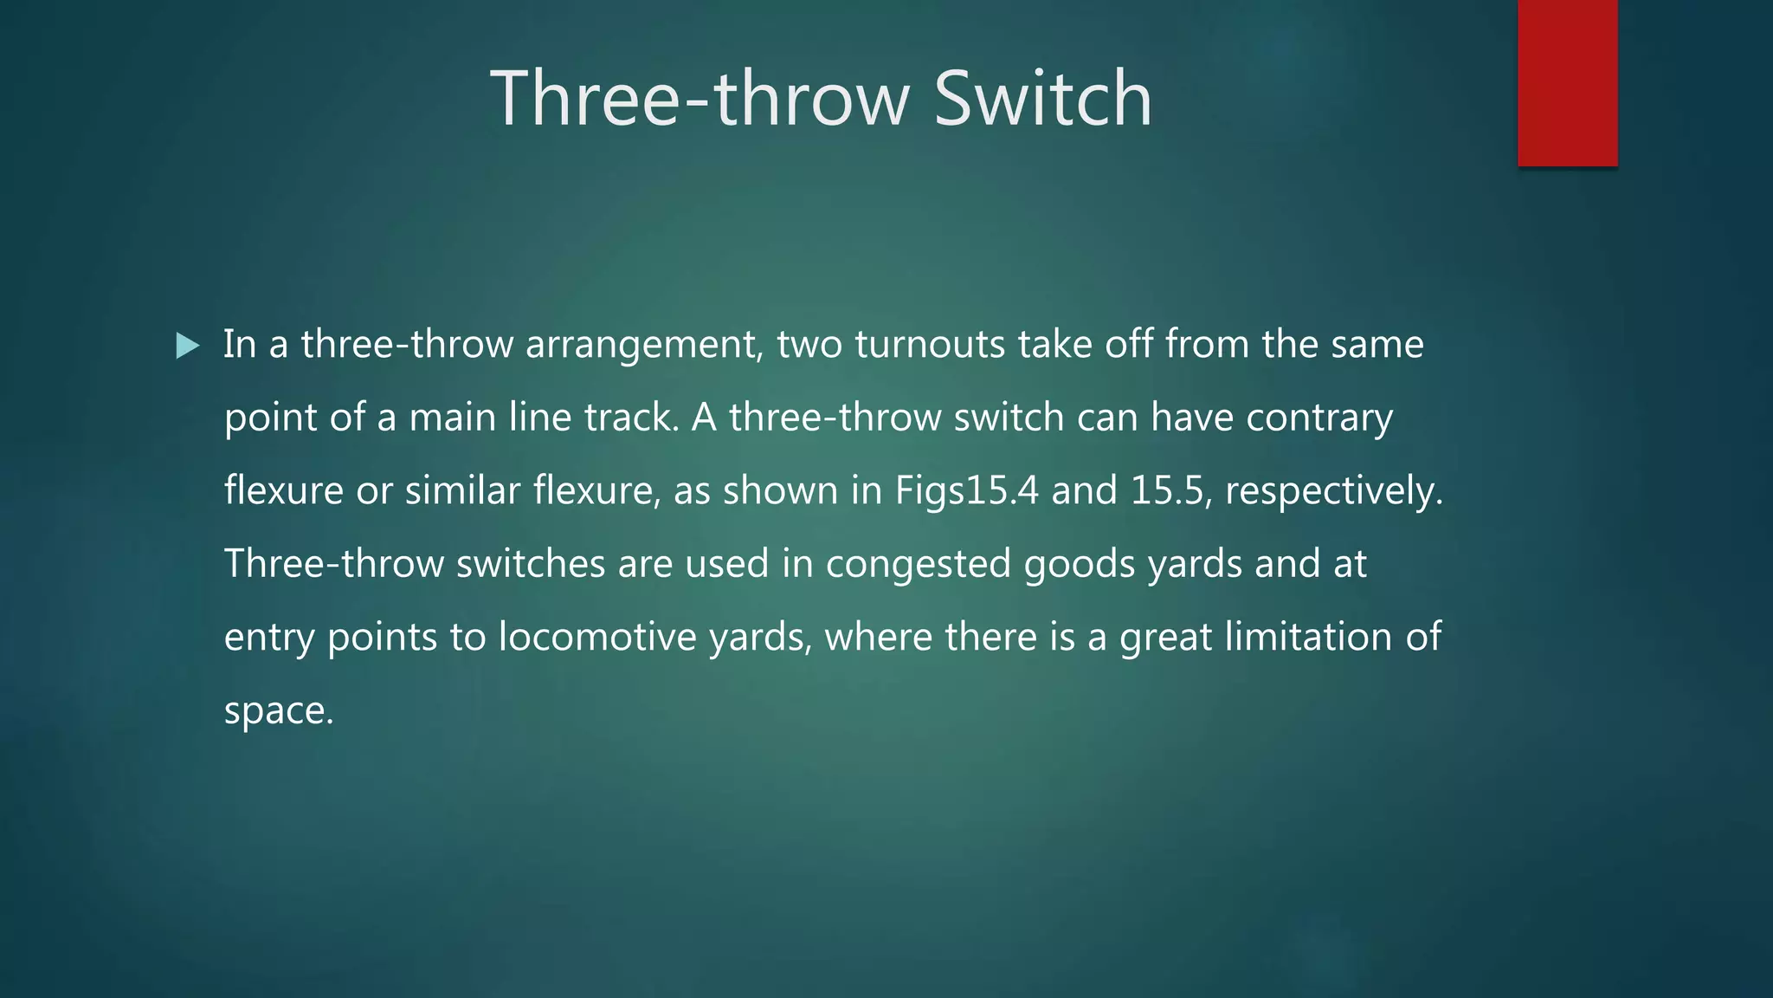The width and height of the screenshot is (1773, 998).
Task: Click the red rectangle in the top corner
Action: coord(1567,82)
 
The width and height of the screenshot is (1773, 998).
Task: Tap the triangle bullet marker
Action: coord(187,347)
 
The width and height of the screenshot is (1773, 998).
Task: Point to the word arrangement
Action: coord(644,346)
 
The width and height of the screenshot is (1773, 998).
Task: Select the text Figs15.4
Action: coord(966,491)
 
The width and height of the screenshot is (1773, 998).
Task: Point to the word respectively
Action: coord(1333,491)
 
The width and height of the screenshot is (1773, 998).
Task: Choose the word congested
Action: coord(918,565)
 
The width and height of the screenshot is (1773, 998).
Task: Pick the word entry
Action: coord(268,638)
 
